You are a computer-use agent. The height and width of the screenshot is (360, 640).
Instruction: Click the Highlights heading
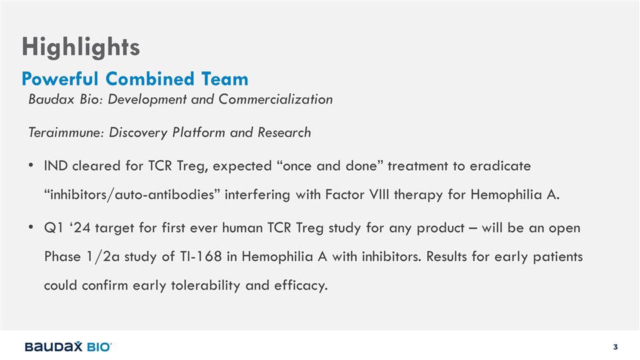click(81, 47)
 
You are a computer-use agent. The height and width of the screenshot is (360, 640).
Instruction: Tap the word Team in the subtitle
click(225, 79)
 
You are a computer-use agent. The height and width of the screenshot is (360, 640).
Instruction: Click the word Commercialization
click(275, 99)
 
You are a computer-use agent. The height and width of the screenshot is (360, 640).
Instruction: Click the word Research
click(284, 133)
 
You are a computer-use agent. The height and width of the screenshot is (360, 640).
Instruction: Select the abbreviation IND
click(55, 166)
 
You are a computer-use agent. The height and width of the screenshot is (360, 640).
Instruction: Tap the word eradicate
click(500, 166)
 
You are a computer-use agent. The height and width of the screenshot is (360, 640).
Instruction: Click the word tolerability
click(205, 285)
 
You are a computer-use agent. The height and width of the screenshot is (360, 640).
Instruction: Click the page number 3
click(615, 347)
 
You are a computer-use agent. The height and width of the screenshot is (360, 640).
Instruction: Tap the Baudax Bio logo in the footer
click(69, 347)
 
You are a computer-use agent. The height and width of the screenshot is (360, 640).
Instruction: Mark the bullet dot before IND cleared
click(31, 166)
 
